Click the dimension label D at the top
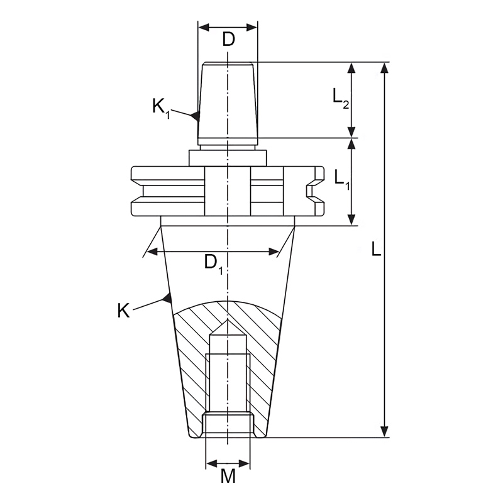tap(229, 40)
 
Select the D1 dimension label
tap(214, 263)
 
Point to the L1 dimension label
tap(342, 179)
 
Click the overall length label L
tap(376, 249)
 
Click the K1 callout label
tap(161, 108)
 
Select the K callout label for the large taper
tap(123, 311)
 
